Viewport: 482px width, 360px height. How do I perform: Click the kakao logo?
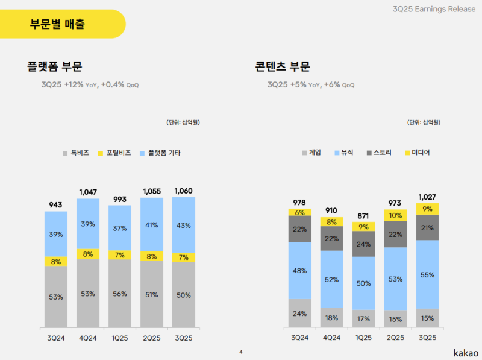pyautogui.click(x=466, y=351)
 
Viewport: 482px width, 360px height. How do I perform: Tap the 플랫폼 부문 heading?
pyautogui.click(x=54, y=67)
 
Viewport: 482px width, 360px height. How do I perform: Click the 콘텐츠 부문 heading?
pyautogui.click(x=283, y=67)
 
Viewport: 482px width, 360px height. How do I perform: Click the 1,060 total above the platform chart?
pyautogui.click(x=184, y=191)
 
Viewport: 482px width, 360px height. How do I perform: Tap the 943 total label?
pyautogui.click(x=55, y=205)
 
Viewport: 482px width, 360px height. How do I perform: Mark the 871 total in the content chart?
pyautogui.click(x=363, y=215)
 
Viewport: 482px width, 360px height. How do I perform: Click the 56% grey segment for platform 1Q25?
pyautogui.click(x=119, y=294)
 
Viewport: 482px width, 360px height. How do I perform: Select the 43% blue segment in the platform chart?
pyautogui.click(x=184, y=225)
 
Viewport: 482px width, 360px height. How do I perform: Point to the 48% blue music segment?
pyautogui.click(x=300, y=270)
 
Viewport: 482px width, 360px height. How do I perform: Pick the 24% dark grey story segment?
pyautogui.click(x=363, y=245)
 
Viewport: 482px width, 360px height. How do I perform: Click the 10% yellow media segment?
pyautogui.click(x=395, y=215)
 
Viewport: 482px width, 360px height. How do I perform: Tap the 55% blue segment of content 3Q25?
pyautogui.click(x=427, y=274)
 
